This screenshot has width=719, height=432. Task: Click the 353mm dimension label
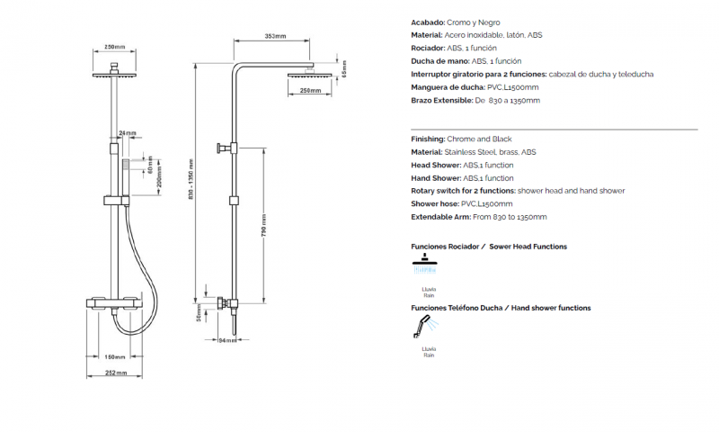[x=275, y=36]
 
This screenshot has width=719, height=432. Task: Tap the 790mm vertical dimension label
[x=264, y=225]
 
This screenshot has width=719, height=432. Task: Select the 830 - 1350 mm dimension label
[x=191, y=179]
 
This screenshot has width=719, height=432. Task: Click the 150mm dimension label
[x=115, y=357]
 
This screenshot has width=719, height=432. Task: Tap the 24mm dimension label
[x=128, y=133]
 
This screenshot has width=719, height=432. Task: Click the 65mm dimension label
[x=344, y=69]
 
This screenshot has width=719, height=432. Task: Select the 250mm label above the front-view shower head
[x=115, y=47]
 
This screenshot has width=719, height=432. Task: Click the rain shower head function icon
[x=424, y=264]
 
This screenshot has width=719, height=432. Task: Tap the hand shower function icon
[x=425, y=327]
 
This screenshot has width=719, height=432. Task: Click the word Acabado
[x=428, y=22]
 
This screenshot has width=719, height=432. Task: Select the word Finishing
[x=428, y=139]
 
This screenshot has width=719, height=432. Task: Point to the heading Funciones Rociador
[x=445, y=247]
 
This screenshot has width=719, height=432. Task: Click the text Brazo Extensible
[x=441, y=101]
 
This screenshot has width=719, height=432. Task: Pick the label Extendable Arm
[x=440, y=217]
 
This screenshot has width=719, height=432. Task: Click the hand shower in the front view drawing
[x=126, y=178]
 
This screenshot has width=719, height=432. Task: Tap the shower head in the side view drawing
[x=309, y=75]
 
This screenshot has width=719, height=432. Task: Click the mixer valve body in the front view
[x=115, y=304]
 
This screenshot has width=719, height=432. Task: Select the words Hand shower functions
[x=551, y=308]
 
